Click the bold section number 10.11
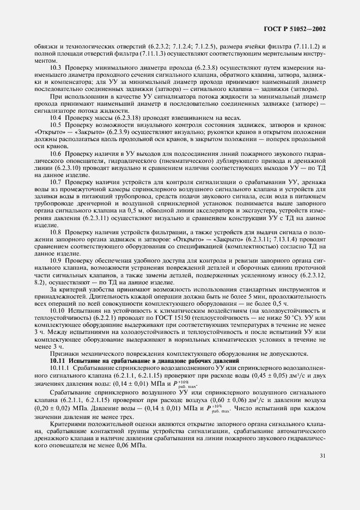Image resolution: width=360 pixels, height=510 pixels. (x=58, y=362)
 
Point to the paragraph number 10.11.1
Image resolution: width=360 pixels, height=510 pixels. (x=60, y=369)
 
